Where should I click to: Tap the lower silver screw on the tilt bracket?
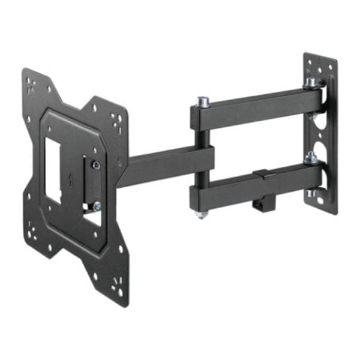tap(96, 206)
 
